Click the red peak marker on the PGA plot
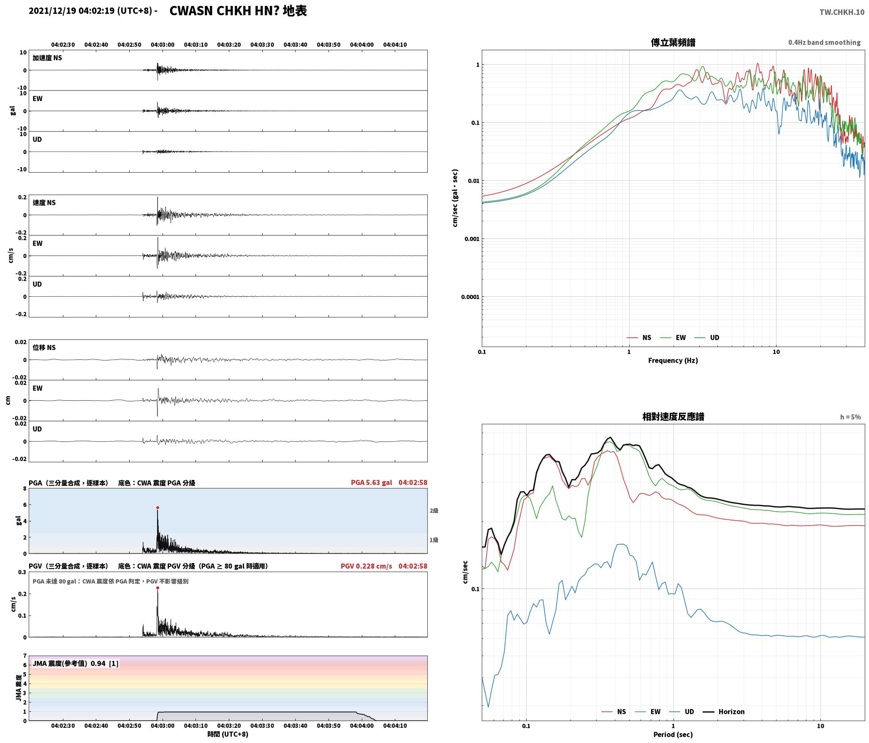click(158, 508)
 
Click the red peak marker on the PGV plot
click(158, 588)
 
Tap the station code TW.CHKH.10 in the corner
click(842, 12)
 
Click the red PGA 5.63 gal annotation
click(372, 483)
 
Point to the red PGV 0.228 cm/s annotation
click(367, 566)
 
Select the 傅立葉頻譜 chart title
click(673, 43)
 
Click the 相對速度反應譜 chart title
click(673, 417)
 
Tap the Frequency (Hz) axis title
click(673, 361)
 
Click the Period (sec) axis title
click(673, 735)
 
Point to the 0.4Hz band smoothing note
click(824, 43)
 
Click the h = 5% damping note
click(850, 417)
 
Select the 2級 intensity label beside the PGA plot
click(434, 511)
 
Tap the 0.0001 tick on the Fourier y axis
click(470, 297)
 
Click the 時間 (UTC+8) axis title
click(228, 734)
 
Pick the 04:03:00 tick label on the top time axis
click(163, 45)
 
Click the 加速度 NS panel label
click(47, 58)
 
